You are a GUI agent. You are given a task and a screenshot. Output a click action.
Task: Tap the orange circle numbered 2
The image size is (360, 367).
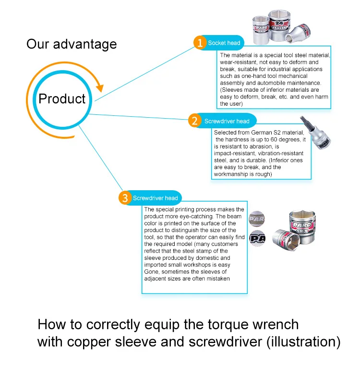pos(194,121)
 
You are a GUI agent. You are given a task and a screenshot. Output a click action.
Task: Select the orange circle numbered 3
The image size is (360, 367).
pos(125,198)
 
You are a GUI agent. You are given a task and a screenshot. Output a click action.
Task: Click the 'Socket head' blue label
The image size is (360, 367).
pos(224,43)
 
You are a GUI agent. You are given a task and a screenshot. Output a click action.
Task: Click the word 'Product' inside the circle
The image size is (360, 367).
pos(62,99)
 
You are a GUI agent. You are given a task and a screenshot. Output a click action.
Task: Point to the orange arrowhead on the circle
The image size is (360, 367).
pos(99,87)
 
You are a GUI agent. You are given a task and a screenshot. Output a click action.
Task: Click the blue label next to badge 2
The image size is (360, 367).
pos(227,121)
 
